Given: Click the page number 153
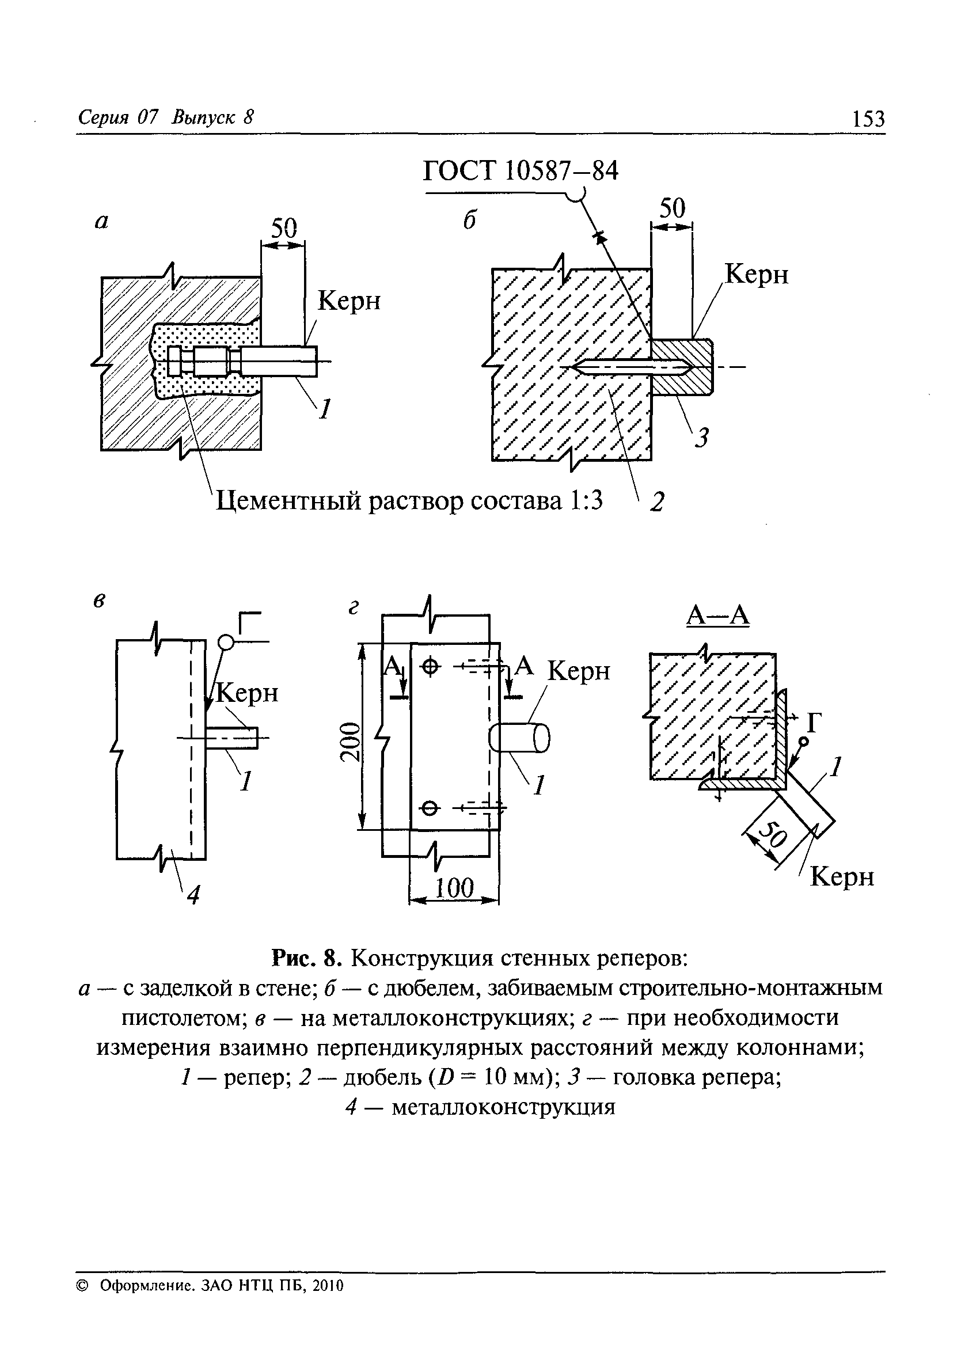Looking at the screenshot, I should point(868,119).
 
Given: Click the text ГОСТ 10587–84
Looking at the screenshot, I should point(520,172).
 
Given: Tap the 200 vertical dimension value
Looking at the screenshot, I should point(351,741).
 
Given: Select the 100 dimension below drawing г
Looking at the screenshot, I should point(454,887).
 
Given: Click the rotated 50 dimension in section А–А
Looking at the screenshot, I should point(773,834).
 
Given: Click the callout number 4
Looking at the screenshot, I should point(193,896).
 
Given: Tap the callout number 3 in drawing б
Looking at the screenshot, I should point(702,438).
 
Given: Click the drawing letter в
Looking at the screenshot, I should point(100,601).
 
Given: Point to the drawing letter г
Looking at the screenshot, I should point(354,609).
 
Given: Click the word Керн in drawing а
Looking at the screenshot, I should point(348,300).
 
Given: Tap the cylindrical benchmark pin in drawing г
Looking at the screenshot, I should point(520,738).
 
